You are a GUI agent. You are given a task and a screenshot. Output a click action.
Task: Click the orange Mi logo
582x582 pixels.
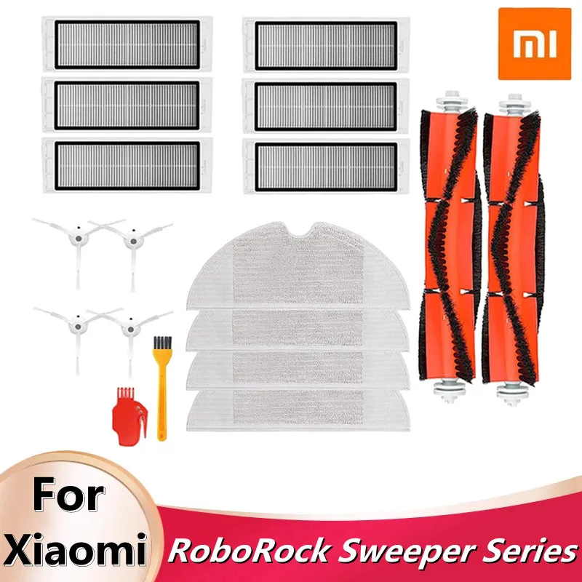[533, 44]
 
